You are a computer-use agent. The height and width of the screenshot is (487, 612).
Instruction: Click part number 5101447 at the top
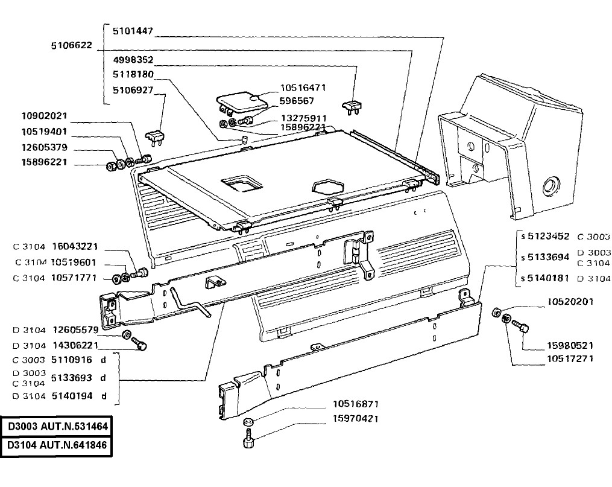click(133, 31)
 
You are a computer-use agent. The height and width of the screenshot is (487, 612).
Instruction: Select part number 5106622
click(71, 45)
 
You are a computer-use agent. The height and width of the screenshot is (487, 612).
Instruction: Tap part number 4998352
click(133, 60)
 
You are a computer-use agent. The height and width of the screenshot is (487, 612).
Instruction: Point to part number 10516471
click(303, 88)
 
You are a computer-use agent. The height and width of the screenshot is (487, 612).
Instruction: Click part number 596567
click(297, 101)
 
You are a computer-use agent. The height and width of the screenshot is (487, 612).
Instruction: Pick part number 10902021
click(44, 116)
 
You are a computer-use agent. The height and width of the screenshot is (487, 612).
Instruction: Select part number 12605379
click(44, 147)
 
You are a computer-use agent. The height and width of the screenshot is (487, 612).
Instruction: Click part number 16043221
click(75, 247)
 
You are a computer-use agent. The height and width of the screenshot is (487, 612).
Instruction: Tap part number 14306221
click(75, 346)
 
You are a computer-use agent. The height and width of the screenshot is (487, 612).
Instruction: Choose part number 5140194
click(72, 396)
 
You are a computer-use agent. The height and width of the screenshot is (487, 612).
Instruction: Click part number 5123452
click(548, 237)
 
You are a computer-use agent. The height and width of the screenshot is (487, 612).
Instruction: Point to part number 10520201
click(570, 302)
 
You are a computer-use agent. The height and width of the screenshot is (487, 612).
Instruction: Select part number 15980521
click(570, 346)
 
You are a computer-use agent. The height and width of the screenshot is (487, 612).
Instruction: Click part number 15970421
click(355, 419)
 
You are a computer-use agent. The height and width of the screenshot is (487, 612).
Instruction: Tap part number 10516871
click(355, 404)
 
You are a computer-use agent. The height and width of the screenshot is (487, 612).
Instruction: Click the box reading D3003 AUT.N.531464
click(57, 426)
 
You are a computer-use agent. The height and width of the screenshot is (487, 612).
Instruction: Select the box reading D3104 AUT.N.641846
click(57, 445)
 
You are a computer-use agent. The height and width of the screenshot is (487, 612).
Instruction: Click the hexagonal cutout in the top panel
click(327, 185)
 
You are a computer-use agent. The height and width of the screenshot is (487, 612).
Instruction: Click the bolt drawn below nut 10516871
click(247, 439)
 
